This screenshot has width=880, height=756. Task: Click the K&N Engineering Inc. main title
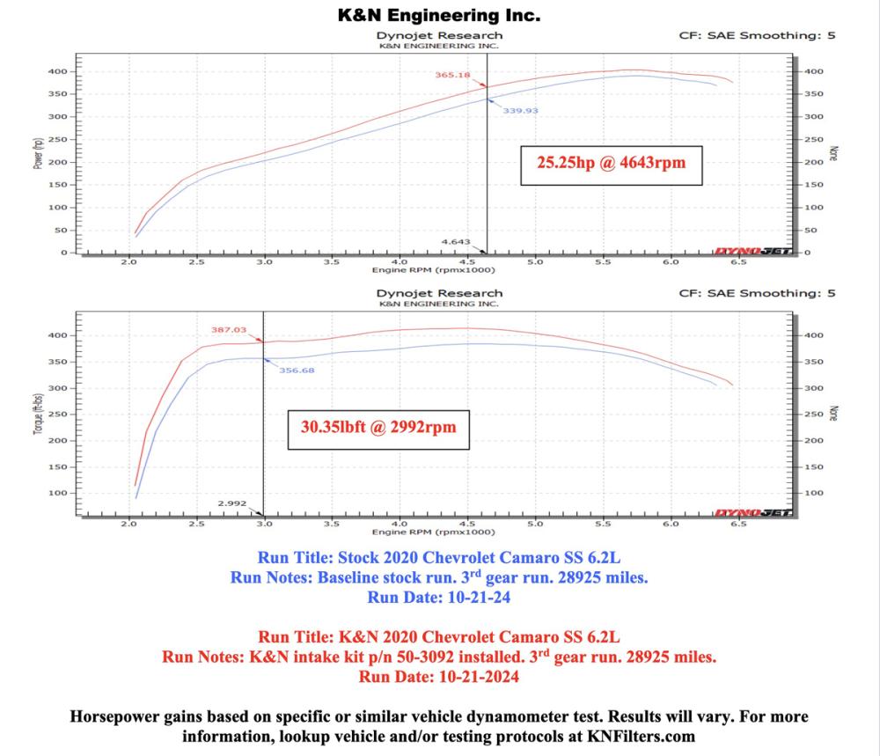click(x=439, y=15)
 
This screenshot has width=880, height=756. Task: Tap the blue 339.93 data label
click(x=520, y=111)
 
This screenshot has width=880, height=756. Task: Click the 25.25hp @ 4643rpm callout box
click(x=611, y=164)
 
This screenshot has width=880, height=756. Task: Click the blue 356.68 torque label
click(x=297, y=370)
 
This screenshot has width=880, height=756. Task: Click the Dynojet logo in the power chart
click(x=752, y=252)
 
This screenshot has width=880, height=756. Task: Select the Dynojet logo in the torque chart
click(x=752, y=512)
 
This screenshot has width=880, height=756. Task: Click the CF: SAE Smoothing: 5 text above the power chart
click(x=757, y=36)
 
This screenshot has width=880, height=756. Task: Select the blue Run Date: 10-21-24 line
click(x=439, y=598)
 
